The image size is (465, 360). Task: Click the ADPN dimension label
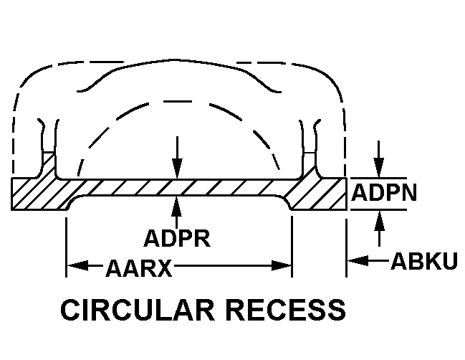[384, 192]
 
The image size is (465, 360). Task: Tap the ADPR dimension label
[177, 238]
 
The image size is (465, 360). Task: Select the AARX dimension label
[139, 268]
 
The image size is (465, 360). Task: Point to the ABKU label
[424, 261]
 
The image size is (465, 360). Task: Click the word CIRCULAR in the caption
[138, 310]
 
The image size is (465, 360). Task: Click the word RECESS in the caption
[287, 310]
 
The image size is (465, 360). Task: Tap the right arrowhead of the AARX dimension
[281, 265]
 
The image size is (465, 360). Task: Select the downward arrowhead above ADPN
[379, 167]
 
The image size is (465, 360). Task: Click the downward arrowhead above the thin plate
[177, 169]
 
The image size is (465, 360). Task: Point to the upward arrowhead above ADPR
[177, 207]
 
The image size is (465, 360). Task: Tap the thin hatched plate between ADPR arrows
[177, 188]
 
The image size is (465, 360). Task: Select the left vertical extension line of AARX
[66, 247]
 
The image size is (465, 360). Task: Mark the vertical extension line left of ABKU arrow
[346, 248]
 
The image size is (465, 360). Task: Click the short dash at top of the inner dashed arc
[178, 102]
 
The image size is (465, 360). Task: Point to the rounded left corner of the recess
[72, 201]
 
